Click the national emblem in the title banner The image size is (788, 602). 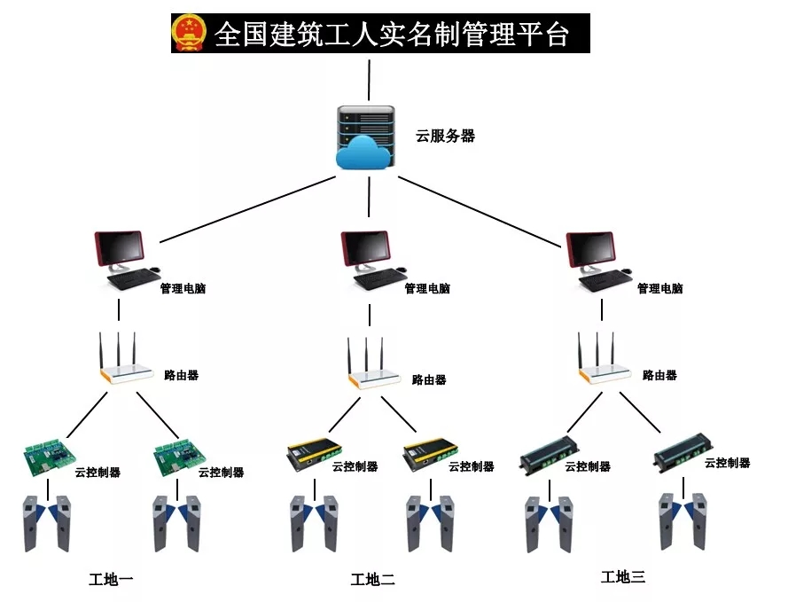pyautogui.click(x=188, y=34)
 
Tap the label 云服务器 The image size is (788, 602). pyautogui.click(x=445, y=137)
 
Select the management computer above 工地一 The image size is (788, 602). pyautogui.click(x=124, y=257)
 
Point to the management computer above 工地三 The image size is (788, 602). pyautogui.click(x=597, y=257)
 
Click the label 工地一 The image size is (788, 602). pyautogui.click(x=111, y=580)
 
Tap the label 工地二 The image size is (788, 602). pyautogui.click(x=372, y=580)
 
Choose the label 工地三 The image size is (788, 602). pyautogui.click(x=622, y=577)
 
